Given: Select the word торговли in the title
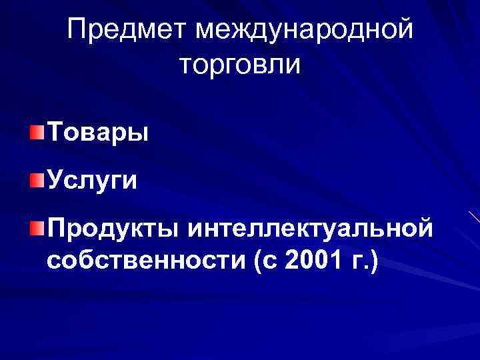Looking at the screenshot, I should click(240, 66).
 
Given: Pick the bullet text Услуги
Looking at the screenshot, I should click(92, 180).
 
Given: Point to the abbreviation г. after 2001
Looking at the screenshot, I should click(357, 262).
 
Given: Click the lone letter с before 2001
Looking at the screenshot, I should click(272, 263).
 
